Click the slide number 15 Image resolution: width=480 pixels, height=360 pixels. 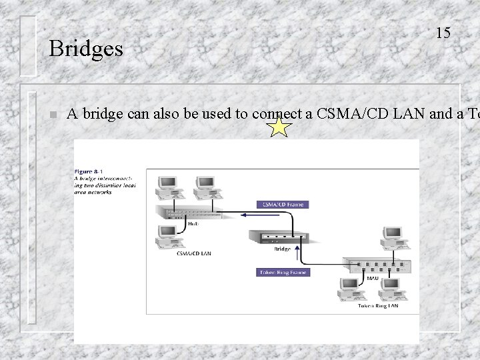(443, 32)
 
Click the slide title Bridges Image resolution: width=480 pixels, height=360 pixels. (86, 49)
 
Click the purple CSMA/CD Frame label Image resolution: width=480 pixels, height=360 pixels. (282, 204)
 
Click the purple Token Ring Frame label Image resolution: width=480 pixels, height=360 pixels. (283, 272)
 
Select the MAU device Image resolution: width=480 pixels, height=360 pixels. (377, 265)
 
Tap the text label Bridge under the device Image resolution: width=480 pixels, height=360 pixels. (282, 249)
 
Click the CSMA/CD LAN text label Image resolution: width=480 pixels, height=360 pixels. (194, 253)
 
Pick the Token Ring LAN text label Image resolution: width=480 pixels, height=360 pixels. (378, 306)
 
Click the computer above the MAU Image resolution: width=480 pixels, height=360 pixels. (391, 239)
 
